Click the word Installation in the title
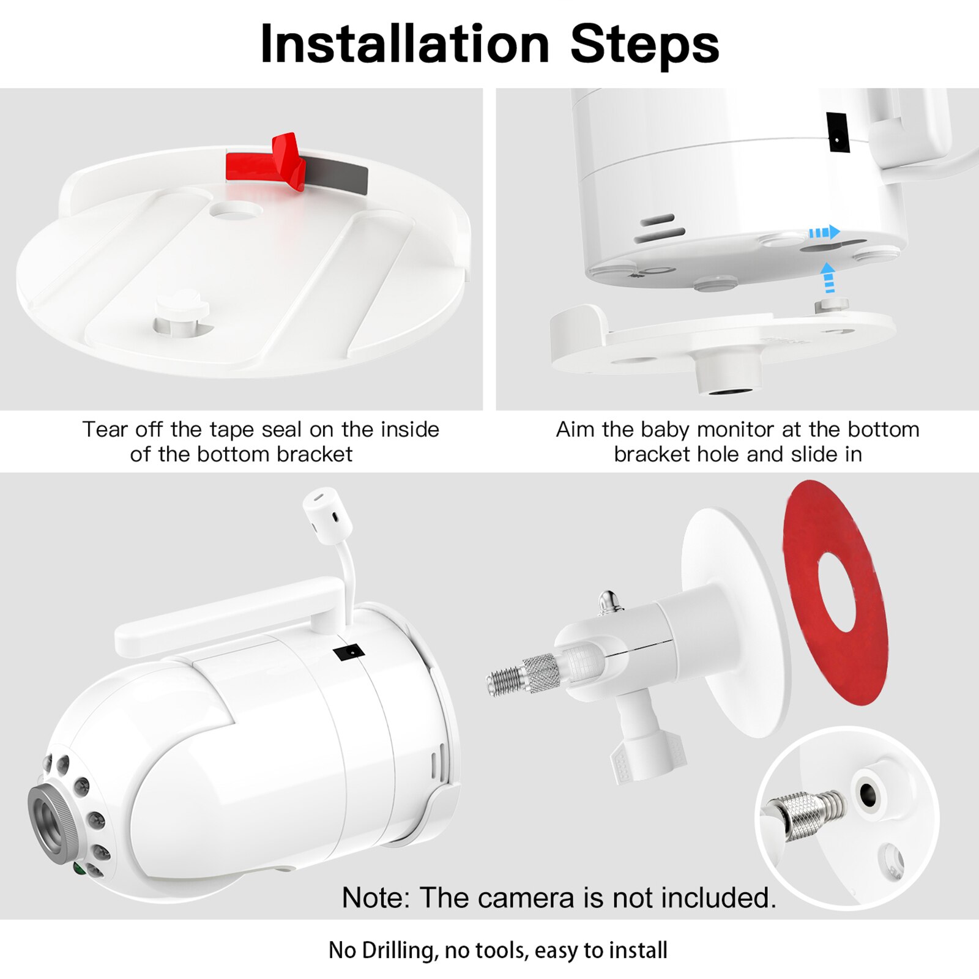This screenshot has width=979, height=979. [404, 44]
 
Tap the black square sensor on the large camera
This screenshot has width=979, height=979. [349, 652]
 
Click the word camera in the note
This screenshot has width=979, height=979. [527, 898]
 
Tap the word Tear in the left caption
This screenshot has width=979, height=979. [104, 430]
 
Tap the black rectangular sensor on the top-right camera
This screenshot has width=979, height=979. [837, 132]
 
